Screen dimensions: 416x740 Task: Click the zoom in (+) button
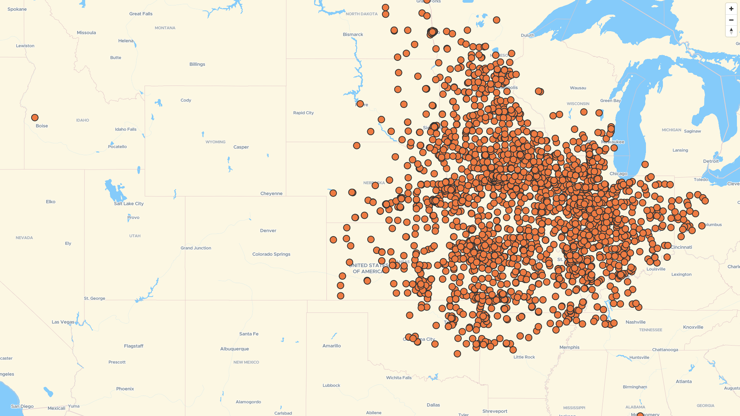pos(731,9)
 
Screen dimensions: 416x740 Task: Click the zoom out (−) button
pos(731,20)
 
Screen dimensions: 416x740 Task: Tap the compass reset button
pos(731,31)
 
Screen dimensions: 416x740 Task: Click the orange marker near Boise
pos(35,117)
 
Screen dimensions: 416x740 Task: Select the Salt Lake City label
pos(129,204)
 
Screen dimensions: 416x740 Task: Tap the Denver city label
pos(268,231)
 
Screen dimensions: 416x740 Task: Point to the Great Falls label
pos(141,14)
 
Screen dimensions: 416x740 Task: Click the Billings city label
pos(197,64)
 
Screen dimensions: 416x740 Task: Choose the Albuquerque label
pos(234,349)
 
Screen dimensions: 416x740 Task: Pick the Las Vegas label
pos(63,322)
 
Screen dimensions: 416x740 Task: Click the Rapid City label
pos(303,113)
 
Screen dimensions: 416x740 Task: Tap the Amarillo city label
pos(331,346)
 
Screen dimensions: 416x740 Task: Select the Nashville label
pos(636,322)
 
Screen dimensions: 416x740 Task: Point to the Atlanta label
pos(684,381)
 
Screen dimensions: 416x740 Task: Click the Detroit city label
pos(711,161)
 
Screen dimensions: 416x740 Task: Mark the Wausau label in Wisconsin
pos(578,88)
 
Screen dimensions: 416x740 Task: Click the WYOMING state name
pos(215,142)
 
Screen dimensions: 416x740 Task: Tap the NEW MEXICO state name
pos(246,362)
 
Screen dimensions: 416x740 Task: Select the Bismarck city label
pos(353,35)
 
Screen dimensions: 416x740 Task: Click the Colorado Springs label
pos(271,254)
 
